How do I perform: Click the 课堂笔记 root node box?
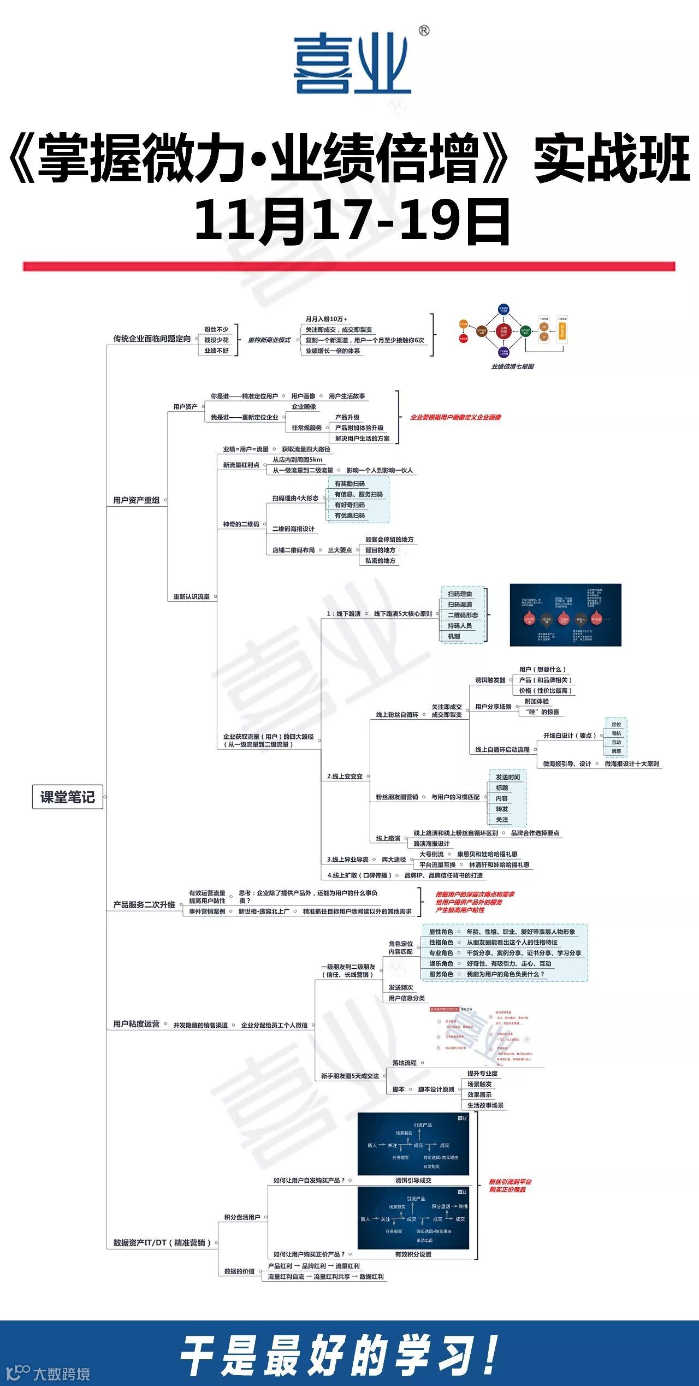(x=67, y=797)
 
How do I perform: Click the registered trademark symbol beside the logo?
(x=424, y=31)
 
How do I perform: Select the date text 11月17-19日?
(x=352, y=221)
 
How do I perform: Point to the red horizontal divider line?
(x=349, y=266)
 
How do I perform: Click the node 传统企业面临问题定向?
(x=152, y=339)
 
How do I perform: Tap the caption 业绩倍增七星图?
(x=512, y=366)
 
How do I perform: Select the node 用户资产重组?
(x=137, y=500)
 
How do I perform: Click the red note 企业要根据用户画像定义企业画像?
(x=455, y=417)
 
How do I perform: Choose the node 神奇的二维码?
(x=241, y=524)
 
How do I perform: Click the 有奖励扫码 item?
(x=349, y=484)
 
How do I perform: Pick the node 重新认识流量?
(x=191, y=597)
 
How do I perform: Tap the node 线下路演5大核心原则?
(x=403, y=614)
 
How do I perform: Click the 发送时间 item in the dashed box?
(x=508, y=777)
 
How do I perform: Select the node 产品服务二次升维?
(x=144, y=905)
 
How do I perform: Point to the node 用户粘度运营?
(x=137, y=1024)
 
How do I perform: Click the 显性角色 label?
(x=441, y=932)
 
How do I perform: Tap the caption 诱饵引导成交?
(x=413, y=1180)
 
